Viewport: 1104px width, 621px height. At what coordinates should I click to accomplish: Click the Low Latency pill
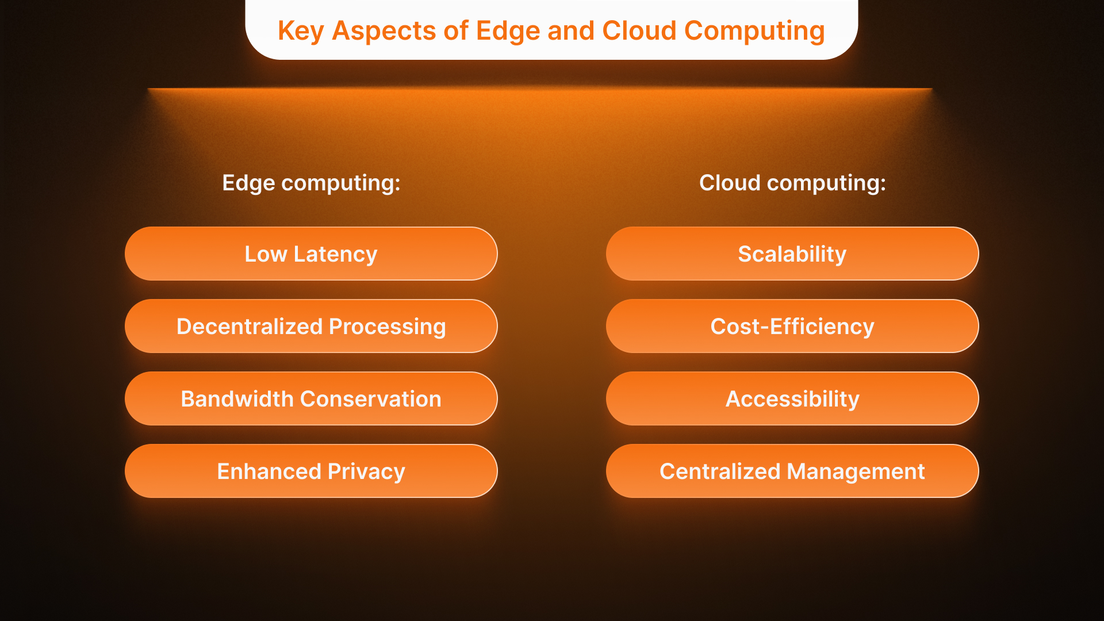[x=310, y=254]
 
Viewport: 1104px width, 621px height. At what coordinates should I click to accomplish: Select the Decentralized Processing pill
[x=310, y=326]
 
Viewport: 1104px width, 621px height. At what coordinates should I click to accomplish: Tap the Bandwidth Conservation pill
[x=310, y=398]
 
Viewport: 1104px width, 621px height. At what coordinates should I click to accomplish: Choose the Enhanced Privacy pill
[x=310, y=471]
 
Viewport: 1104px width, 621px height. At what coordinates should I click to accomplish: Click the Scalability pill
[x=792, y=254]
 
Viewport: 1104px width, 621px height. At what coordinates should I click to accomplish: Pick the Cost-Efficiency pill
[x=792, y=326]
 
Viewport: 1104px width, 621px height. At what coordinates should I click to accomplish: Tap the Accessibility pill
[x=792, y=398]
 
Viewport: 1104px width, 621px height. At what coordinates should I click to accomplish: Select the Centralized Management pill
[x=792, y=471]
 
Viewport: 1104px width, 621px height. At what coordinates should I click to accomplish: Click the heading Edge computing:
[x=311, y=183]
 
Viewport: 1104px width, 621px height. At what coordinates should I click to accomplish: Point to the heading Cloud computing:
[x=792, y=183]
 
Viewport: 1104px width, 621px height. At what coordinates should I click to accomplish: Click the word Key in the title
[x=301, y=31]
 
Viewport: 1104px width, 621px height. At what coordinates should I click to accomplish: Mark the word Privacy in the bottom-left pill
[x=366, y=471]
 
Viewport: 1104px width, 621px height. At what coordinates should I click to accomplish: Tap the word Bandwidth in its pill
[x=237, y=399]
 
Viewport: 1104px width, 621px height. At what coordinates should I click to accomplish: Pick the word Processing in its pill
[x=387, y=327]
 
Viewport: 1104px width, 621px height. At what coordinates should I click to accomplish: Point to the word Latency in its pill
[x=335, y=254]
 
